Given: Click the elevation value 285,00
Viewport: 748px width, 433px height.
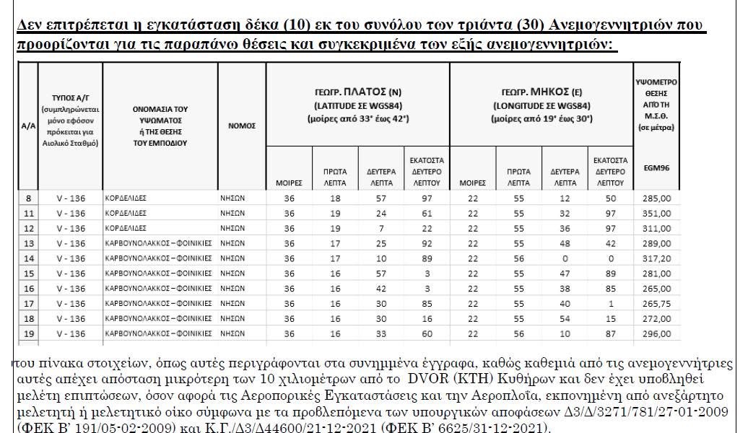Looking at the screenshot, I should pyautogui.click(x=656, y=197).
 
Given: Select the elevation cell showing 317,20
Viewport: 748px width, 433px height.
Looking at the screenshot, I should pyautogui.click(x=656, y=258).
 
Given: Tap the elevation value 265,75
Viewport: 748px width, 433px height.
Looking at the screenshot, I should pyautogui.click(x=656, y=303).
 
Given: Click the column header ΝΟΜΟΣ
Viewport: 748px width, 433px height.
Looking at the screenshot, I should pyautogui.click(x=242, y=125).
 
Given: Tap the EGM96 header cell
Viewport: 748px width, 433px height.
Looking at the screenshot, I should pyautogui.click(x=656, y=167).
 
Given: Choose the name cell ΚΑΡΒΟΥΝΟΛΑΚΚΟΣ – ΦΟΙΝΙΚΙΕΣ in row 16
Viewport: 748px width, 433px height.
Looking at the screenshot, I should pyautogui.click(x=159, y=288).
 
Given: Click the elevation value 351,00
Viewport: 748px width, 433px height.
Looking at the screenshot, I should pyautogui.click(x=656, y=213).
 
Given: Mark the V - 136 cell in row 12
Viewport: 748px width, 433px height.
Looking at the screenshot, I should pyautogui.click(x=70, y=227).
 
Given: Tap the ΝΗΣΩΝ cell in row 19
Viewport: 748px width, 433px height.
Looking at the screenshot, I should pyautogui.click(x=233, y=333).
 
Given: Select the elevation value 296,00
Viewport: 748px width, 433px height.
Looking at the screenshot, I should pyautogui.click(x=656, y=333).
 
